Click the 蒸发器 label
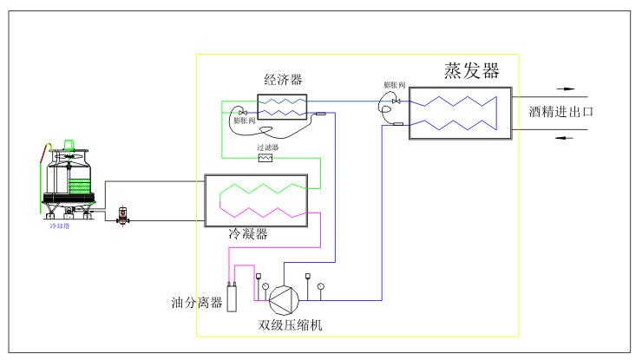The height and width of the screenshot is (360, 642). pyautogui.click(x=471, y=70)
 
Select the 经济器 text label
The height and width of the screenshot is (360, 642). pyautogui.click(x=284, y=80)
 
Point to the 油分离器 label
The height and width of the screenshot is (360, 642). pyautogui.click(x=197, y=303)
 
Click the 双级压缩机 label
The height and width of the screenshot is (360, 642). pyautogui.click(x=291, y=325)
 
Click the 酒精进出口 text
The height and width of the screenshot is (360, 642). pyautogui.click(x=561, y=112)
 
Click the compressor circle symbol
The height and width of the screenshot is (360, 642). pyautogui.click(x=283, y=300)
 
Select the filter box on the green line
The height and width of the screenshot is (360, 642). pyautogui.click(x=265, y=159)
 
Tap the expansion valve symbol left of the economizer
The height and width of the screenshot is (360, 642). pyautogui.click(x=243, y=113)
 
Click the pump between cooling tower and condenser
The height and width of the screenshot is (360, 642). pyautogui.click(x=122, y=214)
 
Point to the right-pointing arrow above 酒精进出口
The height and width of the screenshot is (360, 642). pyautogui.click(x=565, y=88)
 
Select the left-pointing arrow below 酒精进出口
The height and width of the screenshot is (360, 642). pyautogui.click(x=565, y=137)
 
